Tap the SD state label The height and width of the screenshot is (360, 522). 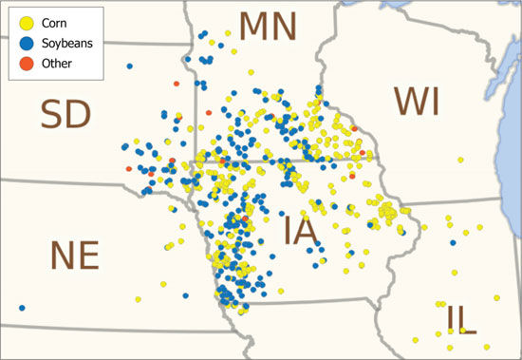pos(65,115)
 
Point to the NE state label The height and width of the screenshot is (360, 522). pos(74,256)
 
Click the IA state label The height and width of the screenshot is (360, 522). pos(299,231)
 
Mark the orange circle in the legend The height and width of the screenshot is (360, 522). pos(23,63)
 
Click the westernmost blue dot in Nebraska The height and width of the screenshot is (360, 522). pos(21,307)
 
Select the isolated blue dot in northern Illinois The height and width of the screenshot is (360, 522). pos(453,242)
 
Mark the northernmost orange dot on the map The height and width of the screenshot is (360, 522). pos(177,84)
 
